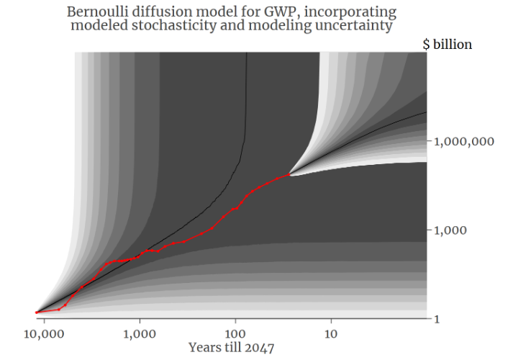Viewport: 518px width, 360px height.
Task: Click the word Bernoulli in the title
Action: coord(96,12)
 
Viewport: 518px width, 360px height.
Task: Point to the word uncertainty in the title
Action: coord(362,26)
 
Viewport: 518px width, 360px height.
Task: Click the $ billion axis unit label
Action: coord(447,45)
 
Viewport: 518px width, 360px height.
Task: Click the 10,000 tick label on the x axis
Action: coord(44,334)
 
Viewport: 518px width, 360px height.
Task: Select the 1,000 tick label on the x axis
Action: coord(140,334)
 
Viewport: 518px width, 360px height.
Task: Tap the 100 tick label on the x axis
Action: coord(235,334)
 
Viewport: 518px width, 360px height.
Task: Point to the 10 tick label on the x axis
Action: coord(331,334)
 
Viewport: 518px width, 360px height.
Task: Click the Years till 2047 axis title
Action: coord(231,347)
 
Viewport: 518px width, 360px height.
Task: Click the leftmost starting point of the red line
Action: coord(37,312)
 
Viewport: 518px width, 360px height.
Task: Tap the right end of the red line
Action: coord(289,174)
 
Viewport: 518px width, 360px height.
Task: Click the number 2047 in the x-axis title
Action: coord(260,347)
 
